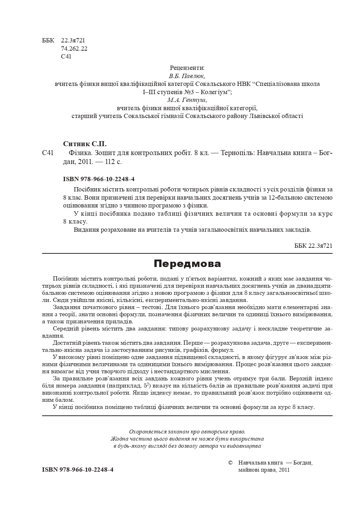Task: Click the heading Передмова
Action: (187, 264)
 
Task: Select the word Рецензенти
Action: (187, 68)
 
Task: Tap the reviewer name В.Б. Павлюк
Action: (187, 76)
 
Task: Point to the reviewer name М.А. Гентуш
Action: (187, 100)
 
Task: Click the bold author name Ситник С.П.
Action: (85, 144)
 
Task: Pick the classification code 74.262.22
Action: (74, 48)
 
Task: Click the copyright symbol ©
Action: (230, 463)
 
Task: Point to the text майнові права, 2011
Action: (263, 470)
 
